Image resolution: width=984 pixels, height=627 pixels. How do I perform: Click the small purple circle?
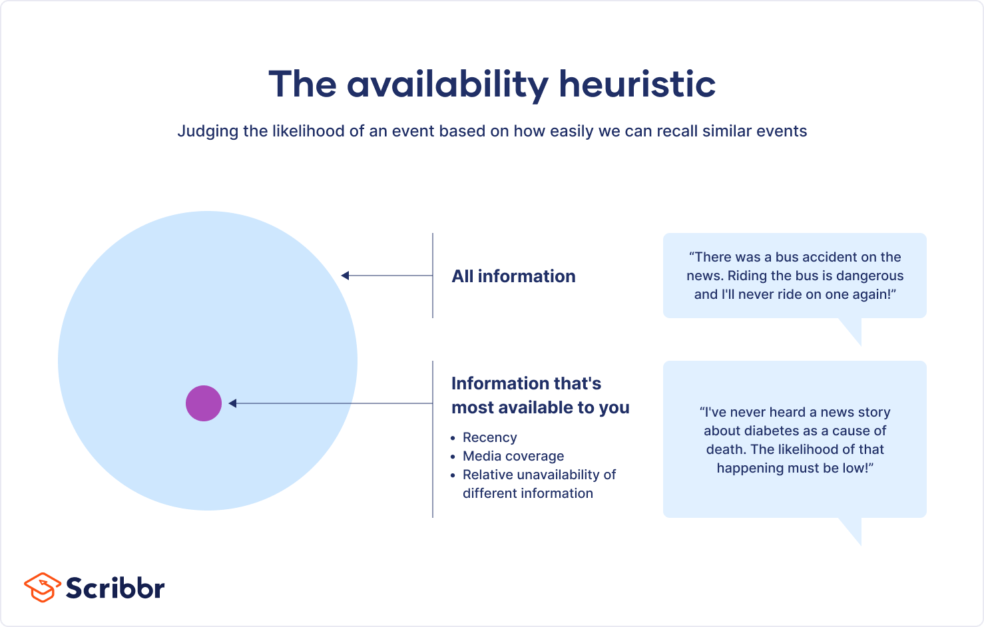(204, 403)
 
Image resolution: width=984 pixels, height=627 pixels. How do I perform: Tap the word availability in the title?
(447, 85)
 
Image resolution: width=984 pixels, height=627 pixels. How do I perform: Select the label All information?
(513, 276)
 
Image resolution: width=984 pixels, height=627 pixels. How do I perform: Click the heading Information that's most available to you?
(540, 395)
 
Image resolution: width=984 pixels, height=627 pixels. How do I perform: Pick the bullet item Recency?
(489, 437)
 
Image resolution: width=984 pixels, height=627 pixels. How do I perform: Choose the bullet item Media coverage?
(513, 456)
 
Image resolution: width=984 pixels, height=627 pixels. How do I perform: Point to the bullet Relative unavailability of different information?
(539, 484)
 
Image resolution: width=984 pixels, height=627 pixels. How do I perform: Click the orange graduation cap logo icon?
(42, 587)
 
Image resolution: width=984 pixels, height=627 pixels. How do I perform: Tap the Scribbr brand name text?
(115, 588)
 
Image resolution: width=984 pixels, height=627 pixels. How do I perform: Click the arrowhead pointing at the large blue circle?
(346, 276)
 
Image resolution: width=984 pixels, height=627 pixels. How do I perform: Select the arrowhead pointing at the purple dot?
(233, 403)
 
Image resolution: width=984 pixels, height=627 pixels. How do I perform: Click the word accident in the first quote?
(828, 257)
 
